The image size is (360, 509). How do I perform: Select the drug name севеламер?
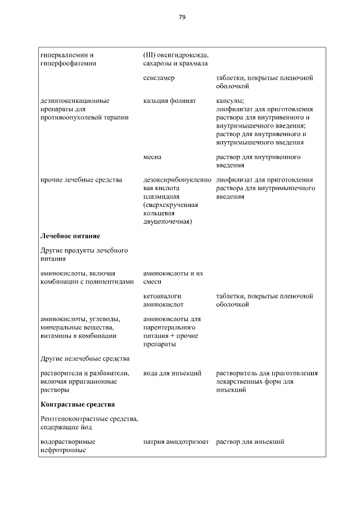(159, 78)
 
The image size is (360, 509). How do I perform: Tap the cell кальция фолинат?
(169, 101)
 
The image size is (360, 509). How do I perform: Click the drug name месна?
(152, 157)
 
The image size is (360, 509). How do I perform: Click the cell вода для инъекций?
(172, 373)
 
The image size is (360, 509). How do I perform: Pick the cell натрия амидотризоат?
(176, 442)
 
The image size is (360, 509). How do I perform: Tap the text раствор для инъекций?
(250, 442)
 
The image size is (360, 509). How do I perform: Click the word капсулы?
(229, 101)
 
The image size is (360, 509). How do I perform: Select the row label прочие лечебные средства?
(81, 180)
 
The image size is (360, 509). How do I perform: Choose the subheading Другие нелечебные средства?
(85, 358)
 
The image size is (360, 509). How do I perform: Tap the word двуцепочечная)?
(168, 222)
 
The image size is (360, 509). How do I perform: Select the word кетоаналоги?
(161, 296)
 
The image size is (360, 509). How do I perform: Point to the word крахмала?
(192, 64)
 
